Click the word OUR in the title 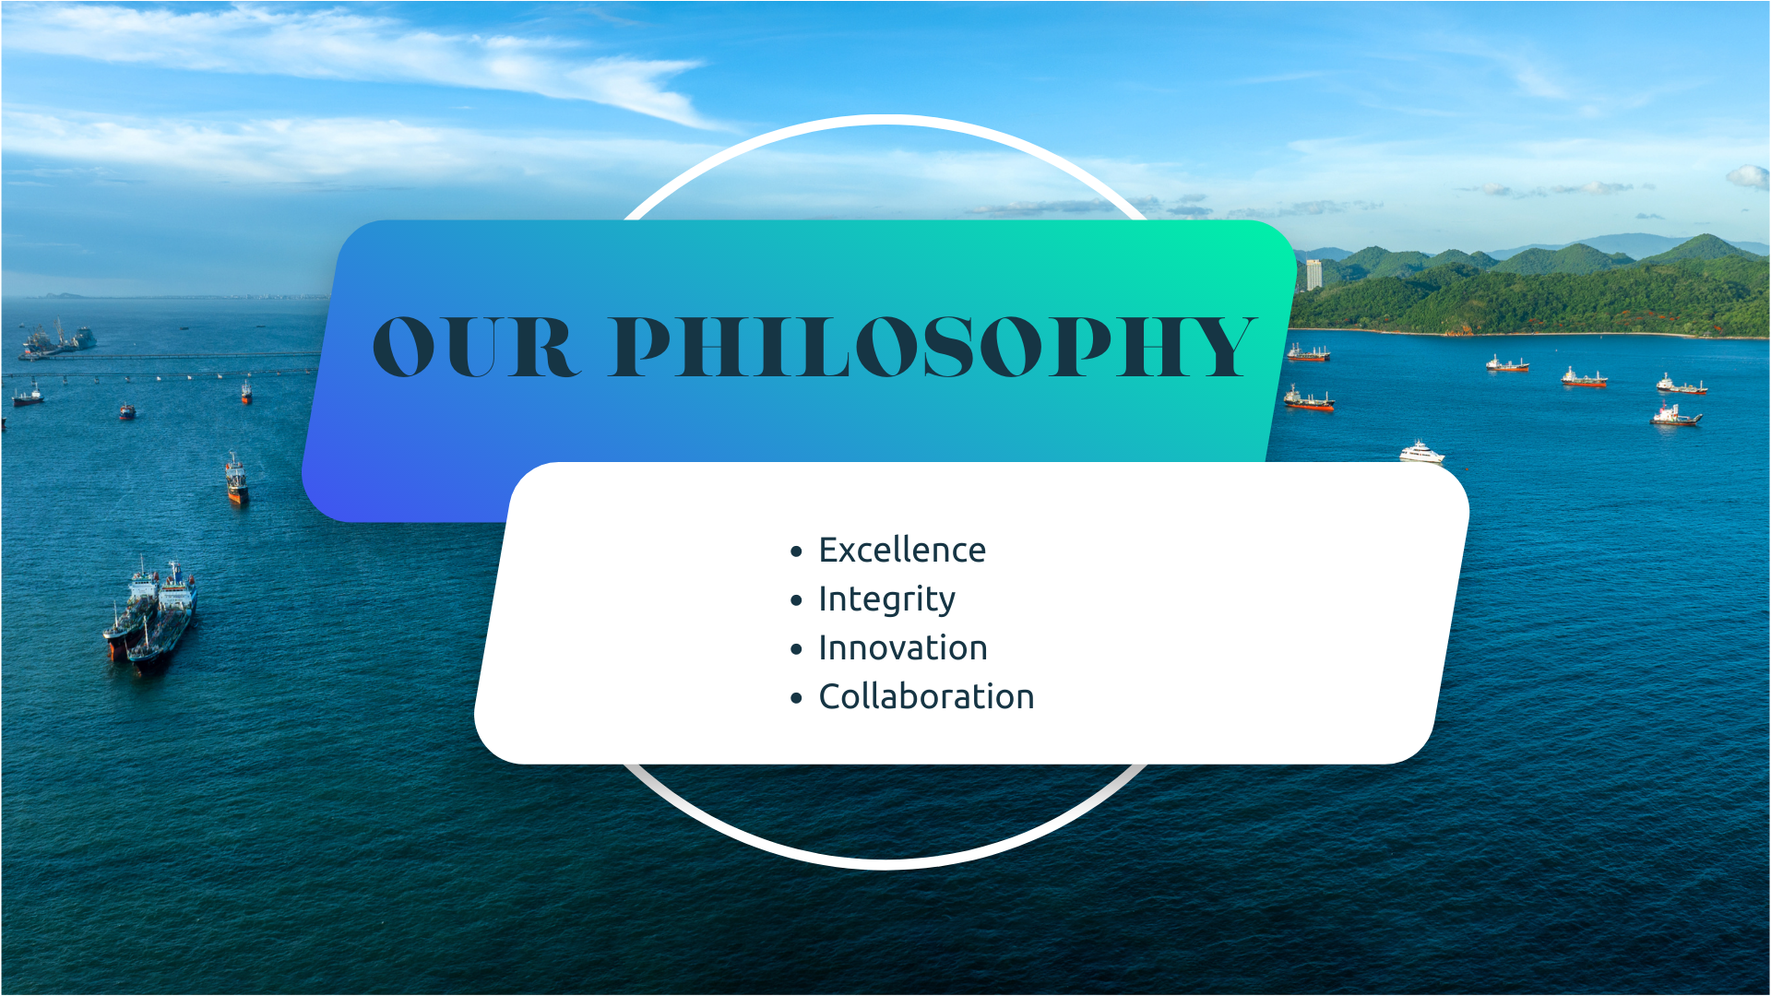[x=476, y=347]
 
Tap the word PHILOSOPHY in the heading [x=933, y=347]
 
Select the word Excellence [x=902, y=551]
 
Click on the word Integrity [x=886, y=600]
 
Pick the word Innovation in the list [x=903, y=648]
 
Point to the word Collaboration [x=926, y=697]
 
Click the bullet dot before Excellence [x=797, y=552]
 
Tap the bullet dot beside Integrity [x=797, y=601]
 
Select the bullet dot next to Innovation [x=797, y=650]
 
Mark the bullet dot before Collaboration [x=797, y=699]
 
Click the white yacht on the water [x=1421, y=452]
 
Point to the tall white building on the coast [x=1313, y=274]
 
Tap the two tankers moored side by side [x=150, y=613]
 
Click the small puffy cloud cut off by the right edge [x=1749, y=177]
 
